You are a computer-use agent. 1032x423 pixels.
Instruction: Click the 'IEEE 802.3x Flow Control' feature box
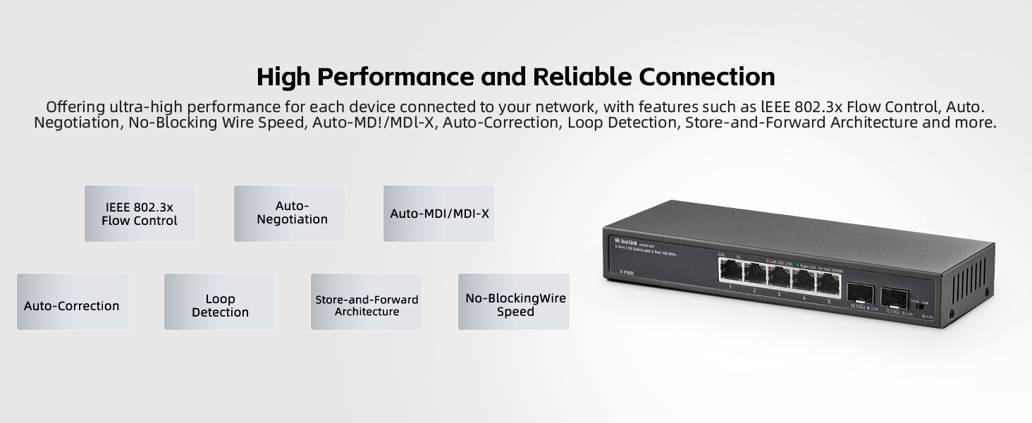[140, 214]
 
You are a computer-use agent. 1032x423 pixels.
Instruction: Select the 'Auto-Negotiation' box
[290, 214]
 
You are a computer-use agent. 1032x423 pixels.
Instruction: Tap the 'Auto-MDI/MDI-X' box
[439, 214]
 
